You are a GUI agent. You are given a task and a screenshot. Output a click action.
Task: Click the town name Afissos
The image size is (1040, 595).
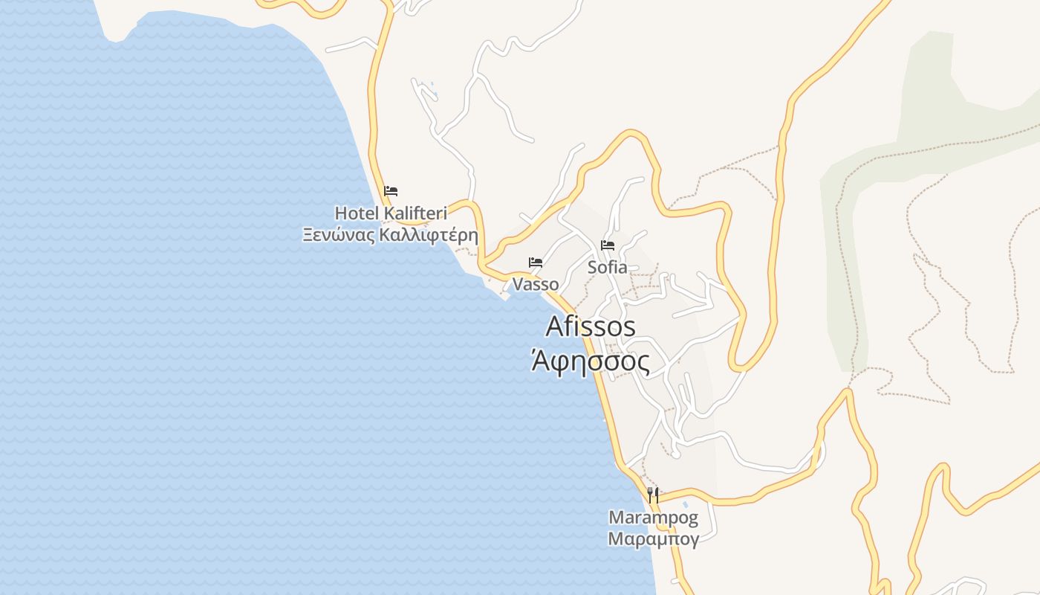(591, 327)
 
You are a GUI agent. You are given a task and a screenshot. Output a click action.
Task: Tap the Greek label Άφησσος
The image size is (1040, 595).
(591, 362)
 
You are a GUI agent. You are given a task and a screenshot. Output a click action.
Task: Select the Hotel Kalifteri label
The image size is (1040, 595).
(391, 214)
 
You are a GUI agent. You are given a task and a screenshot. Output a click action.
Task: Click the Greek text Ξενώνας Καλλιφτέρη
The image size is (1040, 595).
(390, 236)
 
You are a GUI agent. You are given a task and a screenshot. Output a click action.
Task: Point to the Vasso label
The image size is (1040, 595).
(536, 285)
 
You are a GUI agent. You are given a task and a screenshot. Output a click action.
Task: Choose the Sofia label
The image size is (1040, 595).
(608, 268)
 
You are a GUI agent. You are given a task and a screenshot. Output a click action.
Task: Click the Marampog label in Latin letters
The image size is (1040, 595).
(653, 517)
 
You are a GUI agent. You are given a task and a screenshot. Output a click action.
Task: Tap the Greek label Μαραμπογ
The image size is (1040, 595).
(653, 538)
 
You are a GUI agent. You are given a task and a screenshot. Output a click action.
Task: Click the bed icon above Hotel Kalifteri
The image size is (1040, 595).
(391, 191)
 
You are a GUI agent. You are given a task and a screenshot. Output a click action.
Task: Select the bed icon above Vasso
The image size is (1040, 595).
(536, 263)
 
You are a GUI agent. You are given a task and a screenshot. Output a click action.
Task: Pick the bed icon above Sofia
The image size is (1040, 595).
(608, 245)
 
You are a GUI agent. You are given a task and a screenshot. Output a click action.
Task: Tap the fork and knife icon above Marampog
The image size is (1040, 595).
(653, 495)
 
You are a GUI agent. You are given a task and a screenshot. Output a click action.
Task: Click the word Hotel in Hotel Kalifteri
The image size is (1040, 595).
(357, 214)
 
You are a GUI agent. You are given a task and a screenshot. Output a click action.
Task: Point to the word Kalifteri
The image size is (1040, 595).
(415, 214)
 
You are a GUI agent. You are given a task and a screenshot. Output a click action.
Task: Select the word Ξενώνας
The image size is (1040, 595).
(339, 236)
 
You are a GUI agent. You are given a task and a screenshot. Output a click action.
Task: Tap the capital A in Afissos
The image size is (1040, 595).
(555, 327)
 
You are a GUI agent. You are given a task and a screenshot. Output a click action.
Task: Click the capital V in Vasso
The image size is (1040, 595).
(518, 285)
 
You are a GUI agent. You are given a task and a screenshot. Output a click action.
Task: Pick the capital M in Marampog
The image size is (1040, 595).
(616, 517)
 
